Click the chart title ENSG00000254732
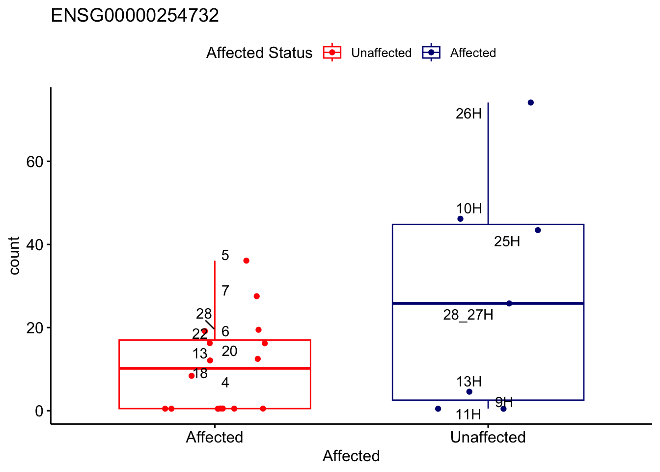(135, 15)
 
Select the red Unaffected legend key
(332, 53)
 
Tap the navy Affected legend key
(431, 53)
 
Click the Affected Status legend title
(259, 53)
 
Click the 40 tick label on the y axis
(35, 245)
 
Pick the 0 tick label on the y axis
(39, 411)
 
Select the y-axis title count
(14, 256)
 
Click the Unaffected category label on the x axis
(488, 437)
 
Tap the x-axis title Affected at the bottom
(351, 456)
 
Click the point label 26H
(468, 114)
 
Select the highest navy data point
(531, 103)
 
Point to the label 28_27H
(468, 315)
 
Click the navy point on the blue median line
(509, 303)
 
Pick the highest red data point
(247, 261)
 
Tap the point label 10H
(469, 208)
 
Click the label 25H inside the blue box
(507, 241)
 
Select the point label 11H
(468, 415)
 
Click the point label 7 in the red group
(225, 291)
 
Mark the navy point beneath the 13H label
(469, 392)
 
